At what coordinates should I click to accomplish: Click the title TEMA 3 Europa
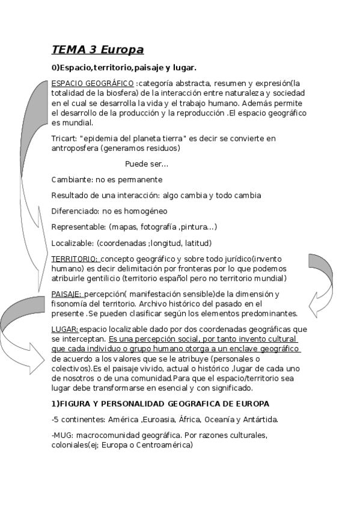(x=97, y=49)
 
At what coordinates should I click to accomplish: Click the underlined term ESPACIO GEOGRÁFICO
(x=93, y=83)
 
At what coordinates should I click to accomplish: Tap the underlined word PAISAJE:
(x=67, y=293)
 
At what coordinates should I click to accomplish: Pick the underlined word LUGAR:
(x=65, y=329)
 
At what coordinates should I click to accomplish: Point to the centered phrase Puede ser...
(x=147, y=164)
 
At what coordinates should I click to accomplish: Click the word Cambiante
(x=72, y=180)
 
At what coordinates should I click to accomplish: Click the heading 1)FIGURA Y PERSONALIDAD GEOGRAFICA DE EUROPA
(x=160, y=404)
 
